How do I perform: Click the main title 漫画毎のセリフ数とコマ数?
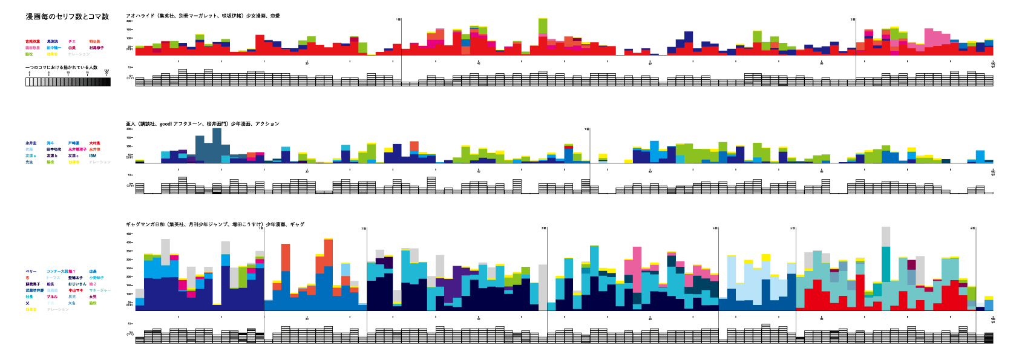pyautogui.click(x=67, y=17)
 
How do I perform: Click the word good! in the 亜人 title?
pyautogui.click(x=166, y=124)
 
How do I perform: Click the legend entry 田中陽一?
pyautogui.click(x=54, y=48)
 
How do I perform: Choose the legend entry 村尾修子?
pyautogui.click(x=96, y=48)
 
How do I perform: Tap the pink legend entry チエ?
pyautogui.click(x=72, y=42)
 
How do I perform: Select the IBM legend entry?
pyautogui.click(x=93, y=155)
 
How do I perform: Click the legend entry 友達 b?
pyautogui.click(x=52, y=155)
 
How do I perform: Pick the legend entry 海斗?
pyautogui.click(x=51, y=143)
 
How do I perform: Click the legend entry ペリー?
pyautogui.click(x=31, y=272)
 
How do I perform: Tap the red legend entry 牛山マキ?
pyautogui.click(x=76, y=290)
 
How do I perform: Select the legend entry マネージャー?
pyautogui.click(x=100, y=290)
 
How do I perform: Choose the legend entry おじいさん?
pyautogui.click(x=77, y=284)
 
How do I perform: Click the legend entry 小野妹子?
pyautogui.click(x=96, y=278)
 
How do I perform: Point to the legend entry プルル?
pyautogui.click(x=52, y=297)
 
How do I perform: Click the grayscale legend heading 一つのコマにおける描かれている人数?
pyautogui.click(x=61, y=67)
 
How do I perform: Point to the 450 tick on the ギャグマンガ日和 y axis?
pyautogui.click(x=129, y=234)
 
